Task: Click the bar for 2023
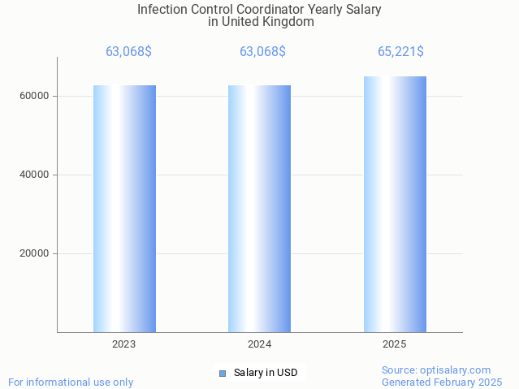pos(124,209)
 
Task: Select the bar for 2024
pos(259,209)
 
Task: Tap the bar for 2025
pos(395,204)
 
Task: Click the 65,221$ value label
pos(400,52)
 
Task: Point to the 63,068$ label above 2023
pos(128,52)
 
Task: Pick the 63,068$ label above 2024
pos(262,52)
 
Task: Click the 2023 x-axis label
pos(124,344)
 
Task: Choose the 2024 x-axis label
pos(259,344)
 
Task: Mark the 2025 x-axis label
pos(395,344)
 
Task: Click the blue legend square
pos(222,374)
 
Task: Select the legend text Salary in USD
pos(266,374)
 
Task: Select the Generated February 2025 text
pos(442,382)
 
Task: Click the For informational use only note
pos(71,382)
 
